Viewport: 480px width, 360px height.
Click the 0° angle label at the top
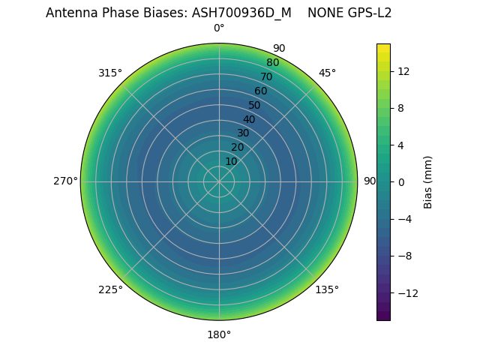[219, 28]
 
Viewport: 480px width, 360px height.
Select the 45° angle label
[327, 73]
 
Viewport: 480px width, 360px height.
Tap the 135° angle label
[327, 289]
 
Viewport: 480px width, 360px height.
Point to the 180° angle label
[219, 334]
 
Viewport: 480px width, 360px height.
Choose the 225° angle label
[110, 289]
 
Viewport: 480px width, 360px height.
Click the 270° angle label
[65, 181]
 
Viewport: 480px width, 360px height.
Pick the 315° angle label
[110, 73]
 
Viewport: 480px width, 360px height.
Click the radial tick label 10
[231, 161]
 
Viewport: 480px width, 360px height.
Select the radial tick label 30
[243, 133]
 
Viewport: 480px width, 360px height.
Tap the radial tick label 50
[255, 105]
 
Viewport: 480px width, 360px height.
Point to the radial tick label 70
[266, 76]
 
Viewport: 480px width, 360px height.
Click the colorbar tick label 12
[403, 71]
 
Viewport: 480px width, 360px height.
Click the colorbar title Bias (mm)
[428, 181]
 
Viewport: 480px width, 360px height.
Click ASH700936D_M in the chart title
[241, 13]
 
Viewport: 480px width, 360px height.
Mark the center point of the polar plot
[219, 181]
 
